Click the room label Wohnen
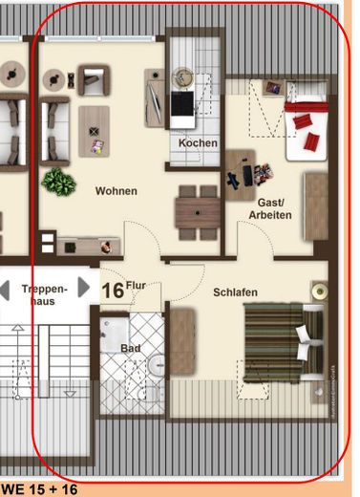pos(116,191)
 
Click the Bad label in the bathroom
pos(130,349)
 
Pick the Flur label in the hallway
pos(136,284)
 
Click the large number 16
pos(112,290)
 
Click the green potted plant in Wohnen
pos(59,181)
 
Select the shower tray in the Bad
pos(118,336)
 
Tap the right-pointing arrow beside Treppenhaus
pos(84,287)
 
